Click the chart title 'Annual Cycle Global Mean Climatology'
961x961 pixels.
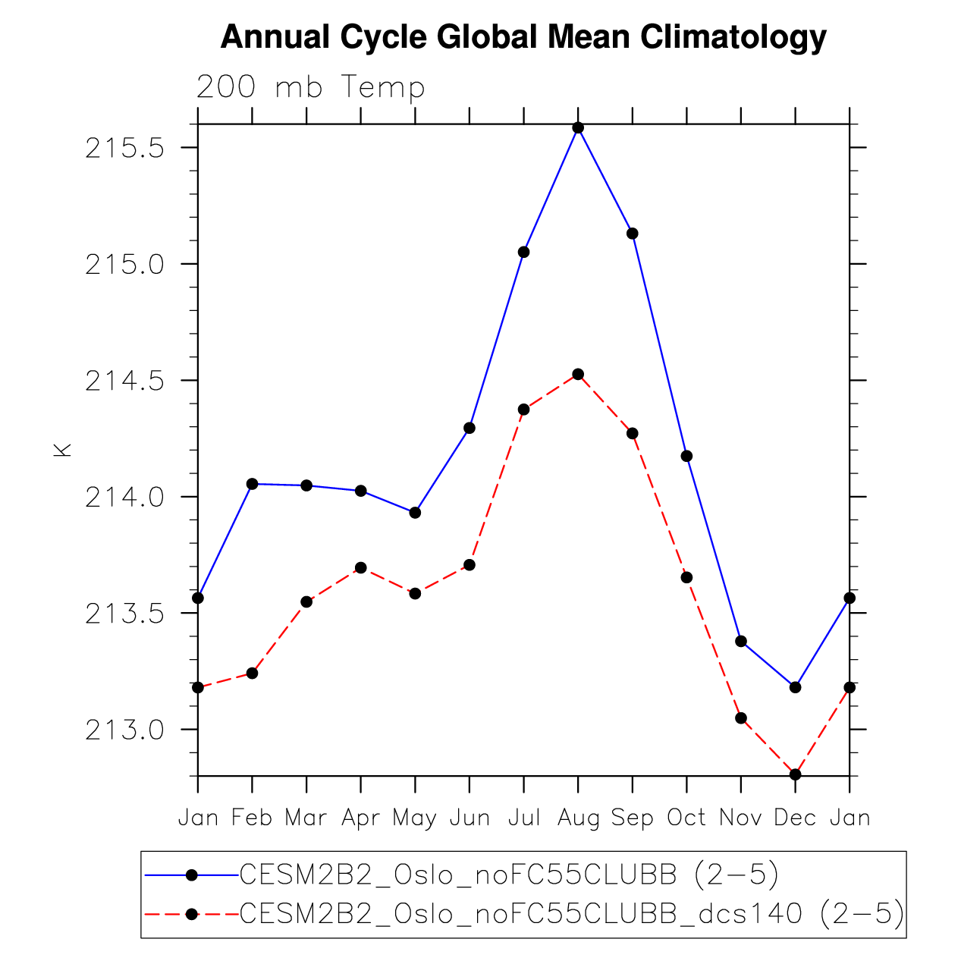tap(523, 36)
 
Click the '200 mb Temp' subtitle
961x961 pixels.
tap(310, 87)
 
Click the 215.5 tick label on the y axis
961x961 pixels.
tap(124, 148)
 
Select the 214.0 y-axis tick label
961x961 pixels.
tap(124, 498)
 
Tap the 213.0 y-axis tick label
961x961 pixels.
tap(124, 730)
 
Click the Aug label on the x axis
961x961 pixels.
tap(578, 818)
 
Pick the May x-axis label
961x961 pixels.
tap(415, 818)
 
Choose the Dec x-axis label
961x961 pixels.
tap(795, 818)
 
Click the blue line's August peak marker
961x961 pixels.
tap(578, 127)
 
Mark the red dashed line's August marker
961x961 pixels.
tap(578, 374)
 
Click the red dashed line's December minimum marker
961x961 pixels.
tap(795, 774)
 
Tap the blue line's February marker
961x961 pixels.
tap(253, 484)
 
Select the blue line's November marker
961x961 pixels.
tap(741, 641)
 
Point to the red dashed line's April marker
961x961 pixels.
tap(361, 567)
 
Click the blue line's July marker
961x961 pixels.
tap(523, 252)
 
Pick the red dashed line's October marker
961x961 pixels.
tap(686, 577)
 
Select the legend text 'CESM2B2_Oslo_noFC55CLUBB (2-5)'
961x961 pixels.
tap(509, 875)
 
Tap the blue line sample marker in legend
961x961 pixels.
tap(192, 875)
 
